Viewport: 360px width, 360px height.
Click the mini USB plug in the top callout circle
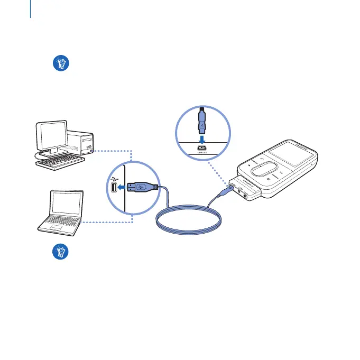[204, 122]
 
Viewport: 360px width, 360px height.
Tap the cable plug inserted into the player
[228, 189]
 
